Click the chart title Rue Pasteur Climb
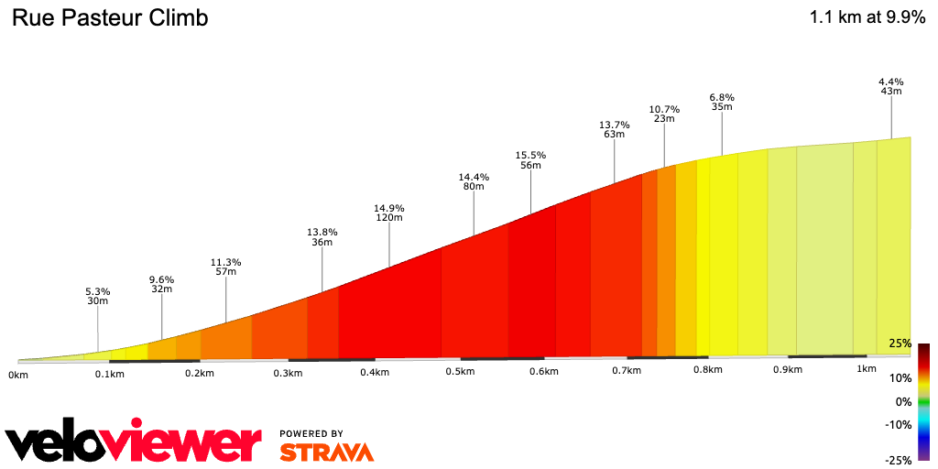109,18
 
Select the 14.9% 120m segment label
388,213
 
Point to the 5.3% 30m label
97,297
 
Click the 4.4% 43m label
891,85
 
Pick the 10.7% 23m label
663,114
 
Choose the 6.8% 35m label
722,102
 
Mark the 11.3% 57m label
225,267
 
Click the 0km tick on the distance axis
18,375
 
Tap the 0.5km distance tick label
460,372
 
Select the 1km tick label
867,368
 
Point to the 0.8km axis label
707,370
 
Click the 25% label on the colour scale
900,344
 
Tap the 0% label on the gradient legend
903,401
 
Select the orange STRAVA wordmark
326,452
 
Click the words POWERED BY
311,433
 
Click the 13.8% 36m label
322,237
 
